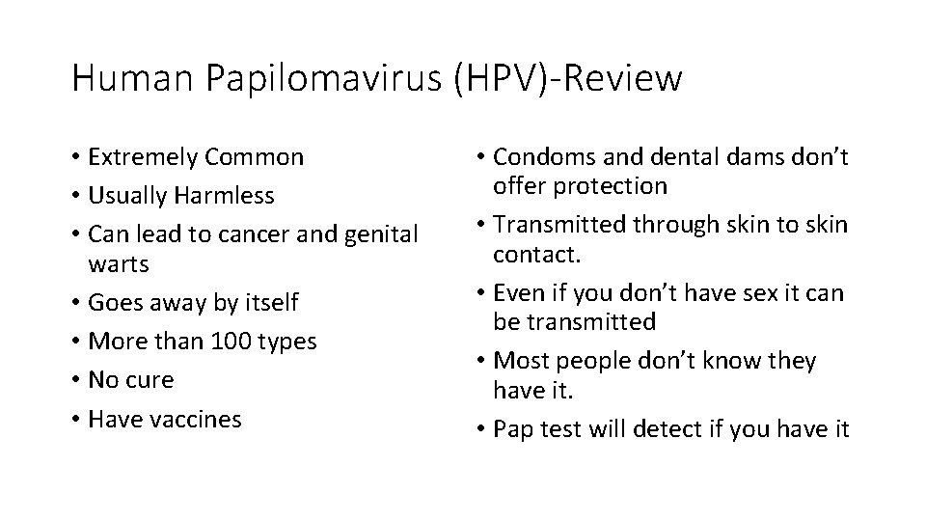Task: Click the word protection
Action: pyautogui.click(x=618, y=185)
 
